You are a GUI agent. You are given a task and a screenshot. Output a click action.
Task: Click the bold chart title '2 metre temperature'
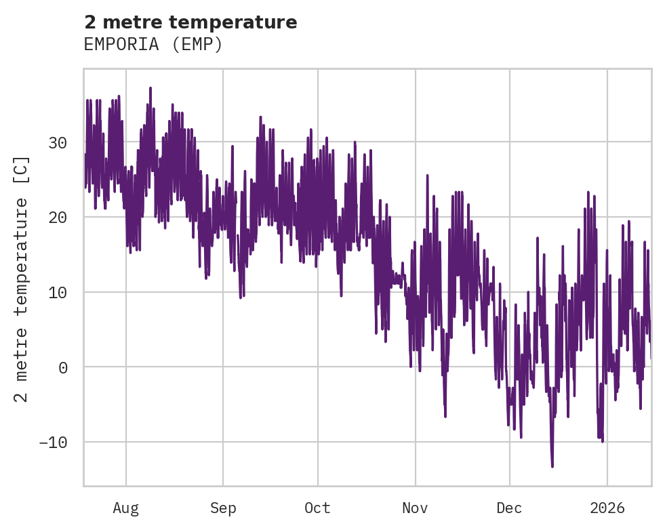[190, 22]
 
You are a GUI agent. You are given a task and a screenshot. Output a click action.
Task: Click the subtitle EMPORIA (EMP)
[153, 44]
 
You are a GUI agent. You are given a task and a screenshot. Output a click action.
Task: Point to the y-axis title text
[22, 279]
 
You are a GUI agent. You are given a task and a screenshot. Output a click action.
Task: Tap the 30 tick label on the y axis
[57, 142]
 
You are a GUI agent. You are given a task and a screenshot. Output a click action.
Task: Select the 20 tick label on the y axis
[57, 218]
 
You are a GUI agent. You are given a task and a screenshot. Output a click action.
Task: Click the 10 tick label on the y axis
[57, 293]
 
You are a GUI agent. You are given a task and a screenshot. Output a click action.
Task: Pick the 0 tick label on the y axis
[63, 367]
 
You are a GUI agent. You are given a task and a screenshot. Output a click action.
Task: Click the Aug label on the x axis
[126, 508]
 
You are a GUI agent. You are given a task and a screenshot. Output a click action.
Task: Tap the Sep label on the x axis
[222, 508]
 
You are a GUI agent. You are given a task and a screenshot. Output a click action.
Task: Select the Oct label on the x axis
[317, 508]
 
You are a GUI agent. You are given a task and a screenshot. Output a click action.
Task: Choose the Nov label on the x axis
[415, 508]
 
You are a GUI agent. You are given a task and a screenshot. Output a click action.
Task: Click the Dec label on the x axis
[509, 508]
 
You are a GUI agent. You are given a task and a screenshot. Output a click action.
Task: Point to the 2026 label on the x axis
[607, 508]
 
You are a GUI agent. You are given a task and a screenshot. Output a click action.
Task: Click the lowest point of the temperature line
[552, 466]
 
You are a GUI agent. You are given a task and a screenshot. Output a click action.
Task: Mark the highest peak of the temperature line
[150, 88]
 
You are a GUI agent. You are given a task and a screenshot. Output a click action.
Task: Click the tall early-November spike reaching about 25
[428, 176]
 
